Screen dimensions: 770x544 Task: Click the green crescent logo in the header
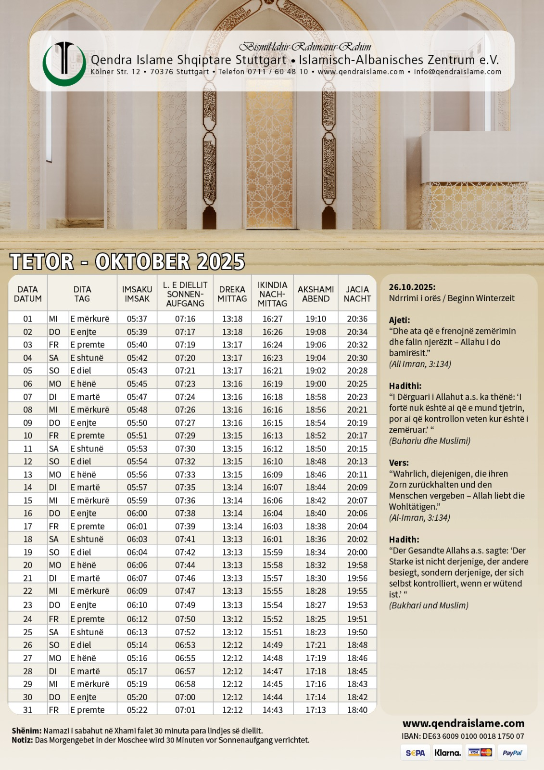click(63, 64)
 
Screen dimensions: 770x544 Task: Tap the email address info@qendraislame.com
click(457, 72)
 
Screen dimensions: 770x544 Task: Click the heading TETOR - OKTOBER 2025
click(127, 262)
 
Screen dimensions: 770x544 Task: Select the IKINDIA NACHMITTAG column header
click(272, 294)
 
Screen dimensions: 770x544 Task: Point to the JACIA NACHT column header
click(357, 294)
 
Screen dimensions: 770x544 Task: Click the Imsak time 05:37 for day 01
click(137, 319)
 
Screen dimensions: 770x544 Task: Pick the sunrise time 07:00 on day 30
click(185, 697)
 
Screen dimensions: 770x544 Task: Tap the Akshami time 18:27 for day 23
click(316, 605)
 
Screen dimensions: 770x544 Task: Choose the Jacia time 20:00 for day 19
click(357, 552)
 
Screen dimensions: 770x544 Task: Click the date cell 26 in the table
click(28, 645)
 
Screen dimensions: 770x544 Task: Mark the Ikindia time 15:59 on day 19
click(273, 552)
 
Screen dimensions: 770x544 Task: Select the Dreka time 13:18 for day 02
click(232, 332)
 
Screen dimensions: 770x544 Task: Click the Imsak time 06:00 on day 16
click(137, 513)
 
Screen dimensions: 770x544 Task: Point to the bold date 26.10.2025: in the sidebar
click(412, 287)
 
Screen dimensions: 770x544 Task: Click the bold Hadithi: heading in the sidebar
click(405, 386)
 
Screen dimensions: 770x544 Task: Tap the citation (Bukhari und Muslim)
click(429, 605)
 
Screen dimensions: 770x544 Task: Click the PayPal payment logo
click(512, 753)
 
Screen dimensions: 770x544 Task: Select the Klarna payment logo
click(447, 753)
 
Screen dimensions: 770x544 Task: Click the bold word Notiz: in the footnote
click(22, 740)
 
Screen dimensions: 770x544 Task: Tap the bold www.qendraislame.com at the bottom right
click(463, 723)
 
